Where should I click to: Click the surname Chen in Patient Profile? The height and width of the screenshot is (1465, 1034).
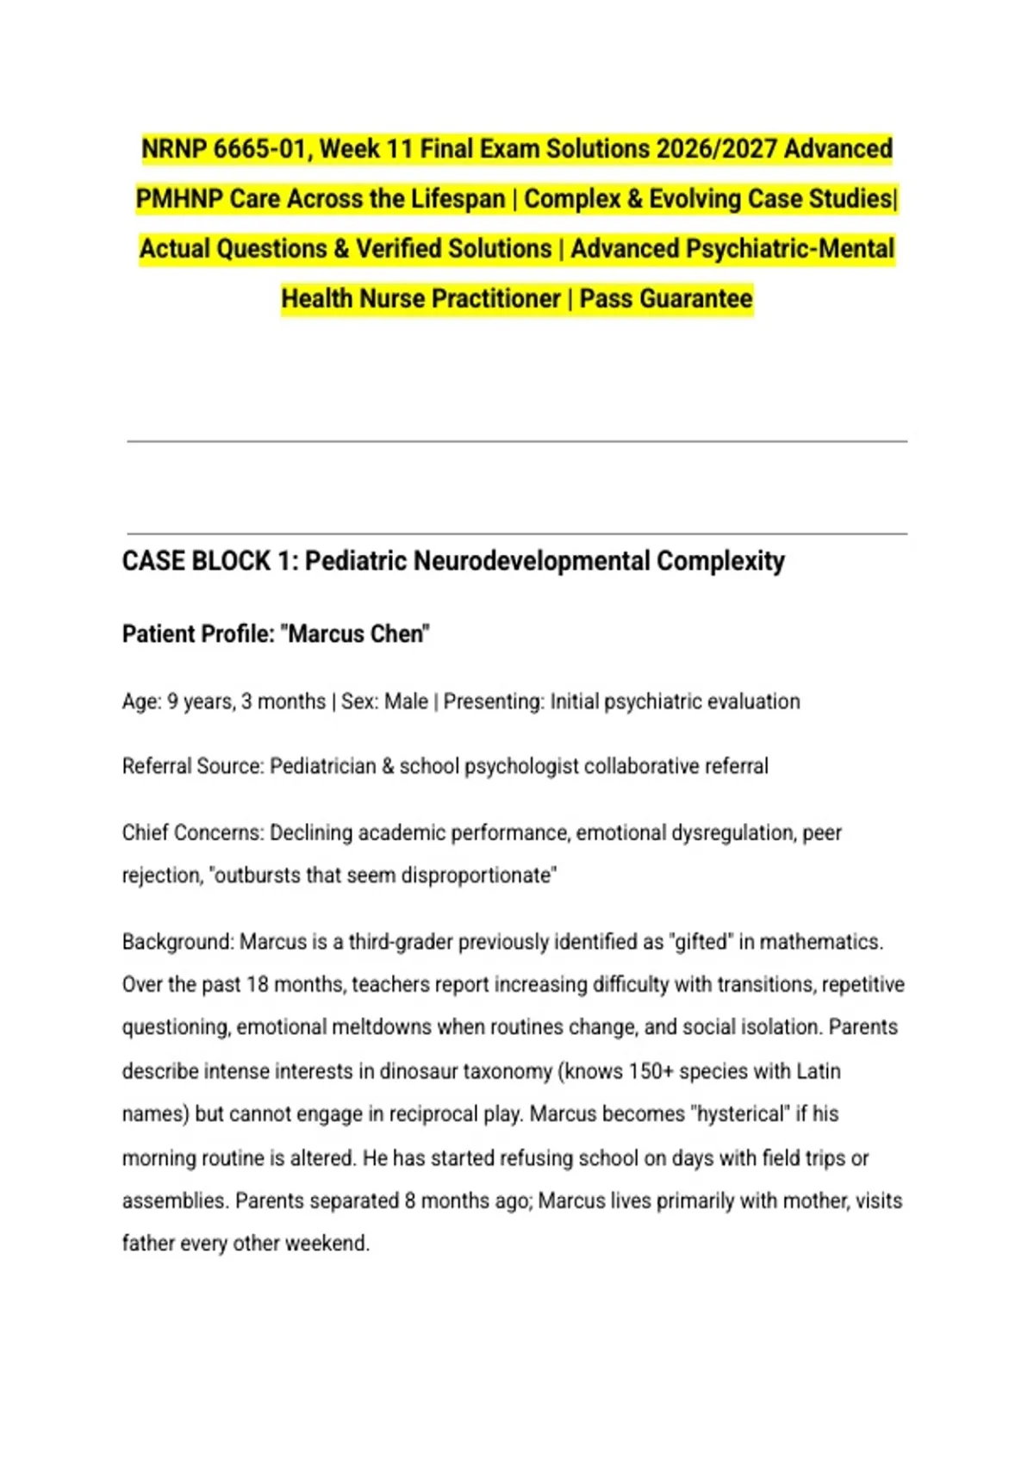point(402,634)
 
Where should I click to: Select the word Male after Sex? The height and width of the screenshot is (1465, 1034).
point(406,701)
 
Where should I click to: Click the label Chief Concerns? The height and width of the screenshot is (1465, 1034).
point(193,832)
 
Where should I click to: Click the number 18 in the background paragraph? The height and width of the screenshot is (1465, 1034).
point(258,984)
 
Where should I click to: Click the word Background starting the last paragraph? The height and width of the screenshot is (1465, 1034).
point(176,942)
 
